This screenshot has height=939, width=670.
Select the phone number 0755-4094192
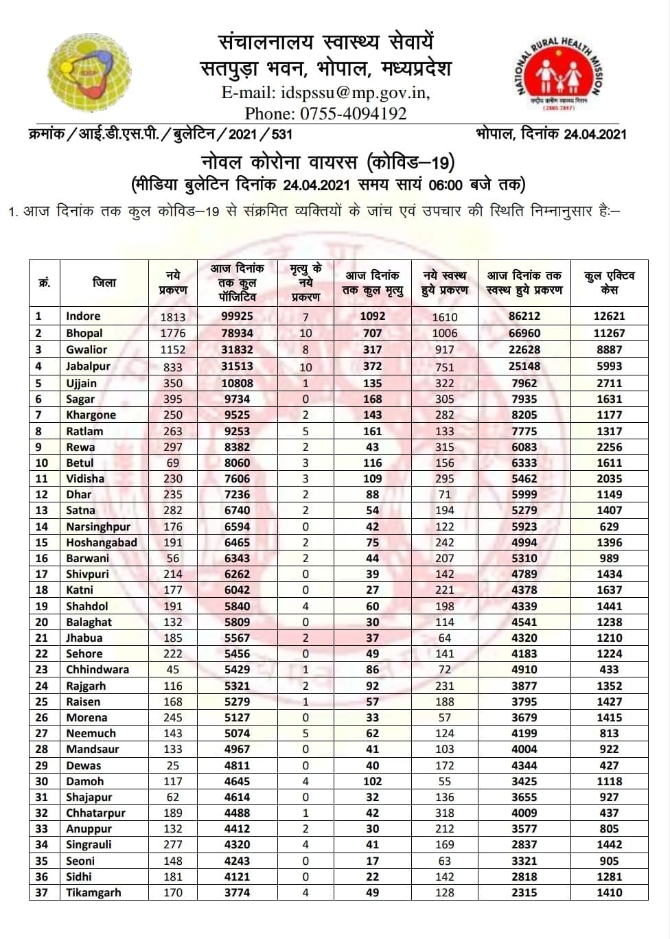point(353,113)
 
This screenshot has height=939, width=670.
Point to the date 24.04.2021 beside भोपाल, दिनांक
point(594,135)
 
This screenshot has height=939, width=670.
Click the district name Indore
point(83,316)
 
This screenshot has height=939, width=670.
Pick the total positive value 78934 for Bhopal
point(237,333)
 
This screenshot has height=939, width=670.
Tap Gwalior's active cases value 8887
point(609,349)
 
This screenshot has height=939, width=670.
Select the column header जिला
point(104,282)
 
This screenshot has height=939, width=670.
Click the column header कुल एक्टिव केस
point(609,282)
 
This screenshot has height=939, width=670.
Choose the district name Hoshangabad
point(102,542)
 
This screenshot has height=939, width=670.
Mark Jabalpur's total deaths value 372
point(372,367)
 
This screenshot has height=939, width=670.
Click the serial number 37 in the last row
point(42,892)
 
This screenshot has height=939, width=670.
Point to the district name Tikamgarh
point(93,892)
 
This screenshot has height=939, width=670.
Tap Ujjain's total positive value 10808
point(237,383)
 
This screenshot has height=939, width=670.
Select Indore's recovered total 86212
point(524,316)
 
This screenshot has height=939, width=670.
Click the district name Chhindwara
point(97,669)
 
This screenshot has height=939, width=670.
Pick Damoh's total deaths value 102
point(372,781)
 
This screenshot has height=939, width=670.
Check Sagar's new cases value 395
point(173,399)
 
